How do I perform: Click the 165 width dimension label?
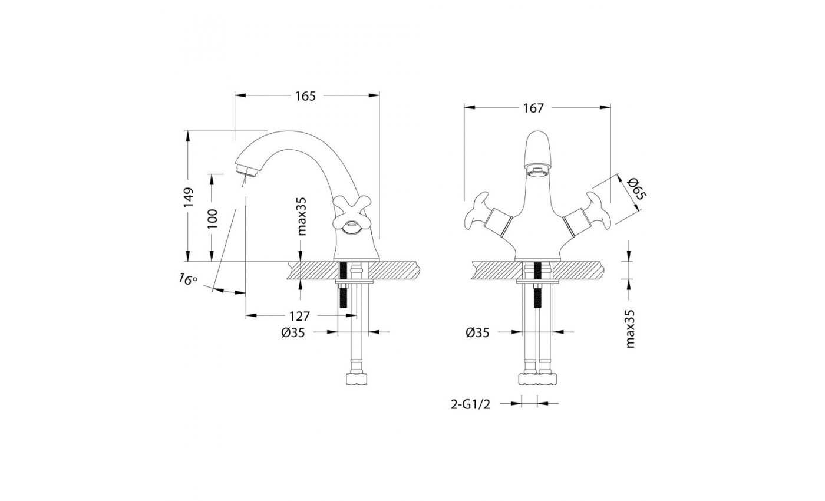[x=305, y=96]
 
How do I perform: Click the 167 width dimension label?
[x=533, y=108]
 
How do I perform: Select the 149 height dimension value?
[x=189, y=197]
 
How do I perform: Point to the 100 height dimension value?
[x=213, y=219]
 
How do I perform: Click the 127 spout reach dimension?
[x=299, y=316]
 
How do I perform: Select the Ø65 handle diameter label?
[x=636, y=189]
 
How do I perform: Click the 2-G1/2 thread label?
[x=470, y=404]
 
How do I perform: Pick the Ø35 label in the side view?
[x=293, y=332]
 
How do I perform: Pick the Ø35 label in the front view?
[x=477, y=332]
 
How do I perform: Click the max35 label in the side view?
[x=301, y=217]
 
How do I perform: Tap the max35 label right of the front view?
[x=630, y=329]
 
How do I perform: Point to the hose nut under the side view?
[x=357, y=378]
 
